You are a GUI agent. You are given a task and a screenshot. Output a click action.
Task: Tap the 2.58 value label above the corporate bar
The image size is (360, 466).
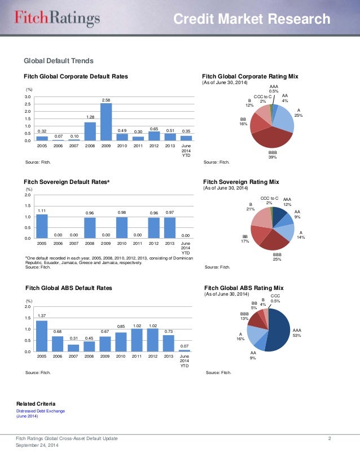[x=106, y=100]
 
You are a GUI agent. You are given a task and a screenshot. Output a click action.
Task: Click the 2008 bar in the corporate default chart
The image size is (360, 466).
[x=90, y=131]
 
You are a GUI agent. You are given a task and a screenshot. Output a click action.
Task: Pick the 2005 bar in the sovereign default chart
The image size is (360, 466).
[x=42, y=226]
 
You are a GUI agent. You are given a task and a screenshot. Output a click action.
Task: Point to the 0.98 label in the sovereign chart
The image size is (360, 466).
[x=121, y=212]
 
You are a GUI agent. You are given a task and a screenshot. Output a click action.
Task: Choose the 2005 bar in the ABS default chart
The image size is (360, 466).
[x=42, y=336]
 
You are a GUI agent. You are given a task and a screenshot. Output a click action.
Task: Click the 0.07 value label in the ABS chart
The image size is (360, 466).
[x=185, y=345]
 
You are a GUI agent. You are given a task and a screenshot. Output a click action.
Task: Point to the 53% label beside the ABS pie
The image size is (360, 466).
[x=297, y=335]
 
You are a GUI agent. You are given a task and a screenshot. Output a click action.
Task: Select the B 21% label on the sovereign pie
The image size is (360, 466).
[x=251, y=206]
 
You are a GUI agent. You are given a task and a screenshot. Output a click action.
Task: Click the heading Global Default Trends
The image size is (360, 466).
[x=58, y=61]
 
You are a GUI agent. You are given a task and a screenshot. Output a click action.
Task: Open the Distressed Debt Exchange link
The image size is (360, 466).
[x=41, y=411]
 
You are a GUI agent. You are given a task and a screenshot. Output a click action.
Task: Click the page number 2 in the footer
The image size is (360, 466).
[x=329, y=438]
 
